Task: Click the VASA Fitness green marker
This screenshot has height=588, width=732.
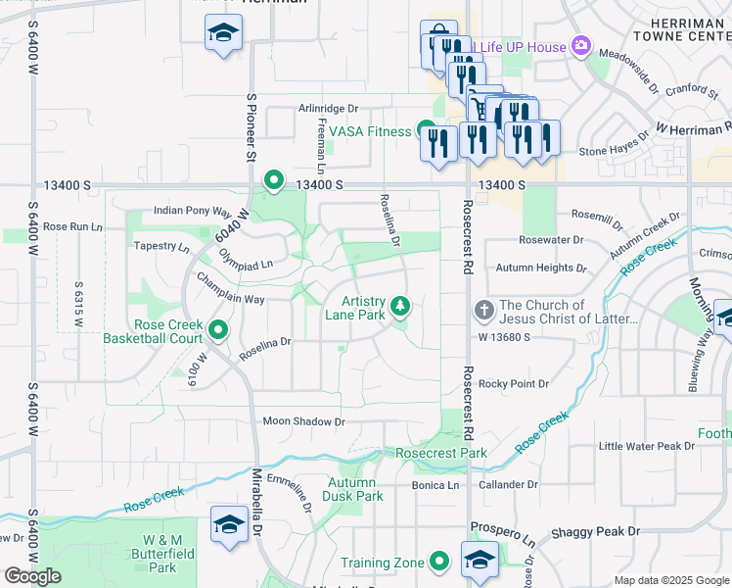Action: click(x=427, y=130)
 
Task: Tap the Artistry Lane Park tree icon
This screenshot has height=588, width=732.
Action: click(x=400, y=307)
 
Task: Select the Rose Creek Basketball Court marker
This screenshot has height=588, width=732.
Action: click(x=217, y=330)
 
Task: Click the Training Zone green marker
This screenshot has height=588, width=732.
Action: click(x=439, y=563)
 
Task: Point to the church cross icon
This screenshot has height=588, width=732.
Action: click(x=483, y=312)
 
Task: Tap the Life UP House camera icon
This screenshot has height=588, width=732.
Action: click(x=581, y=46)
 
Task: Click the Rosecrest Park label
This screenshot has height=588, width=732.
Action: click(x=441, y=454)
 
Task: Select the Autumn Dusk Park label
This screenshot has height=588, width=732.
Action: click(x=355, y=489)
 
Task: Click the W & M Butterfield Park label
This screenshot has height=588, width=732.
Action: click(x=162, y=554)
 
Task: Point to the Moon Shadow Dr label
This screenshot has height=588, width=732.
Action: click(x=304, y=421)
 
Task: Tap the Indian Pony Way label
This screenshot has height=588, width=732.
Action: click(x=192, y=211)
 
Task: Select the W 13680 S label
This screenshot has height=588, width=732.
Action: click(x=504, y=336)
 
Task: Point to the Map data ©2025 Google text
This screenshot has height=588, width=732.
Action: click(x=670, y=580)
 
